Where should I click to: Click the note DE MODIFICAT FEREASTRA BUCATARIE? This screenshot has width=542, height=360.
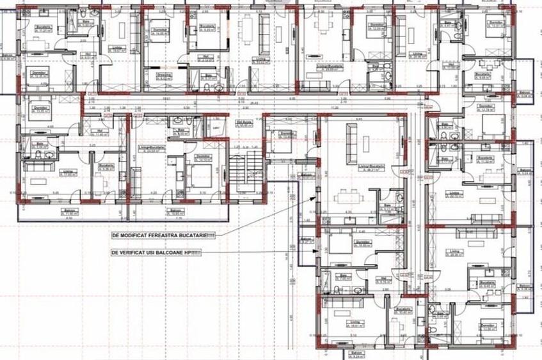163,235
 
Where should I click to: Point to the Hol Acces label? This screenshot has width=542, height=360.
243,123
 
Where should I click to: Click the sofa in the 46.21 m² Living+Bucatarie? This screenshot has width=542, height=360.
351,142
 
